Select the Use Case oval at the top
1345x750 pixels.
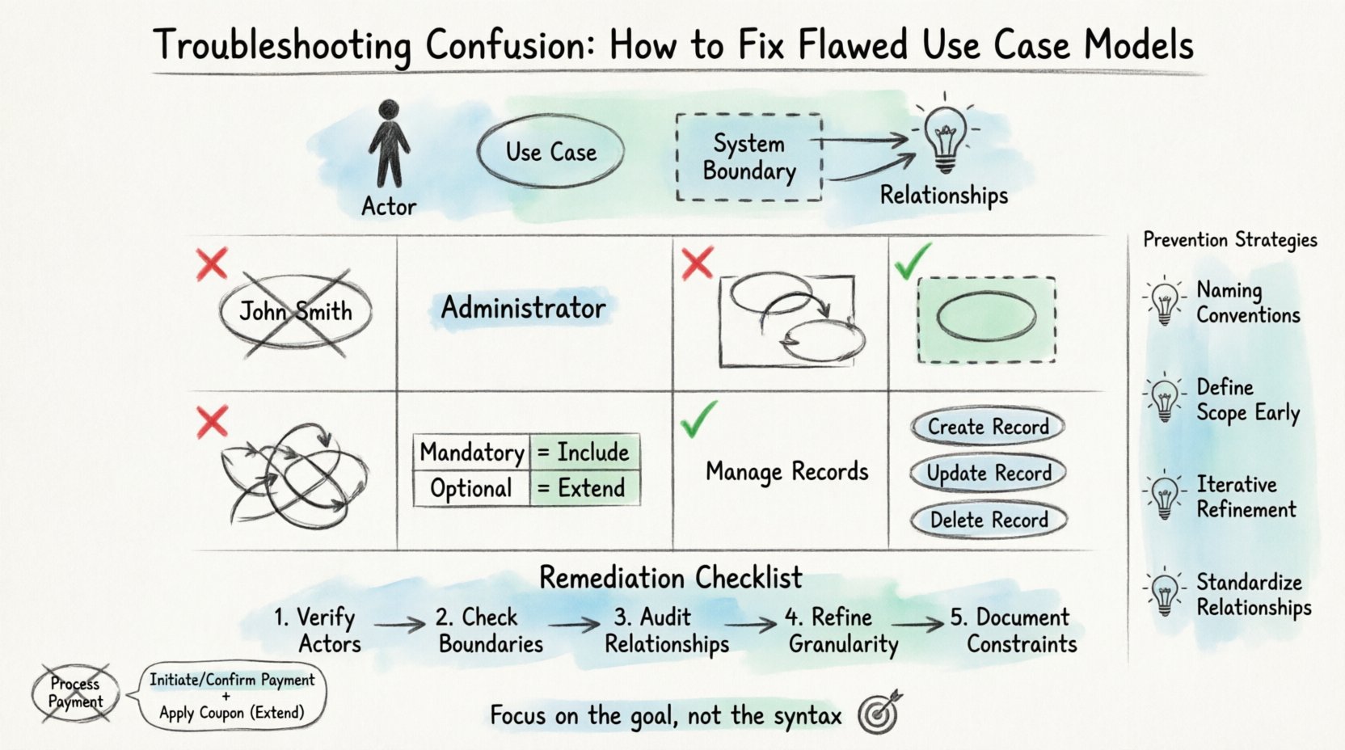[550, 152]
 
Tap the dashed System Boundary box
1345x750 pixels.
[748, 157]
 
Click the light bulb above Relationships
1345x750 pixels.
[945, 137]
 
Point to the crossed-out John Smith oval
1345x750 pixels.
[295, 312]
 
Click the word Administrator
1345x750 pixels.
[523, 308]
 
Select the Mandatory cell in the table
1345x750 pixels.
[472, 453]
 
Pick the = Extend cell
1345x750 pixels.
[584, 488]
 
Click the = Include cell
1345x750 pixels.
[584, 453]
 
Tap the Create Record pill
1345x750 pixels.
[988, 426]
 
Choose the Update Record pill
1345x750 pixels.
[989, 473]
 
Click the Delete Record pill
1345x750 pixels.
[989, 520]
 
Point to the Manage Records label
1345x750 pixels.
[786, 471]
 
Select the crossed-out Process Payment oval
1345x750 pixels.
[75, 693]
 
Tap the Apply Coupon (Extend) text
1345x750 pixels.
[232, 713]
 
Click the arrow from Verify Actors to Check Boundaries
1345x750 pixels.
[399, 624]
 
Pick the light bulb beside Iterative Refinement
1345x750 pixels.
[1165, 496]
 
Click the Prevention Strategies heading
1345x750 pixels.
[1229, 240]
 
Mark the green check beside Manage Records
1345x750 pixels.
[699, 419]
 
